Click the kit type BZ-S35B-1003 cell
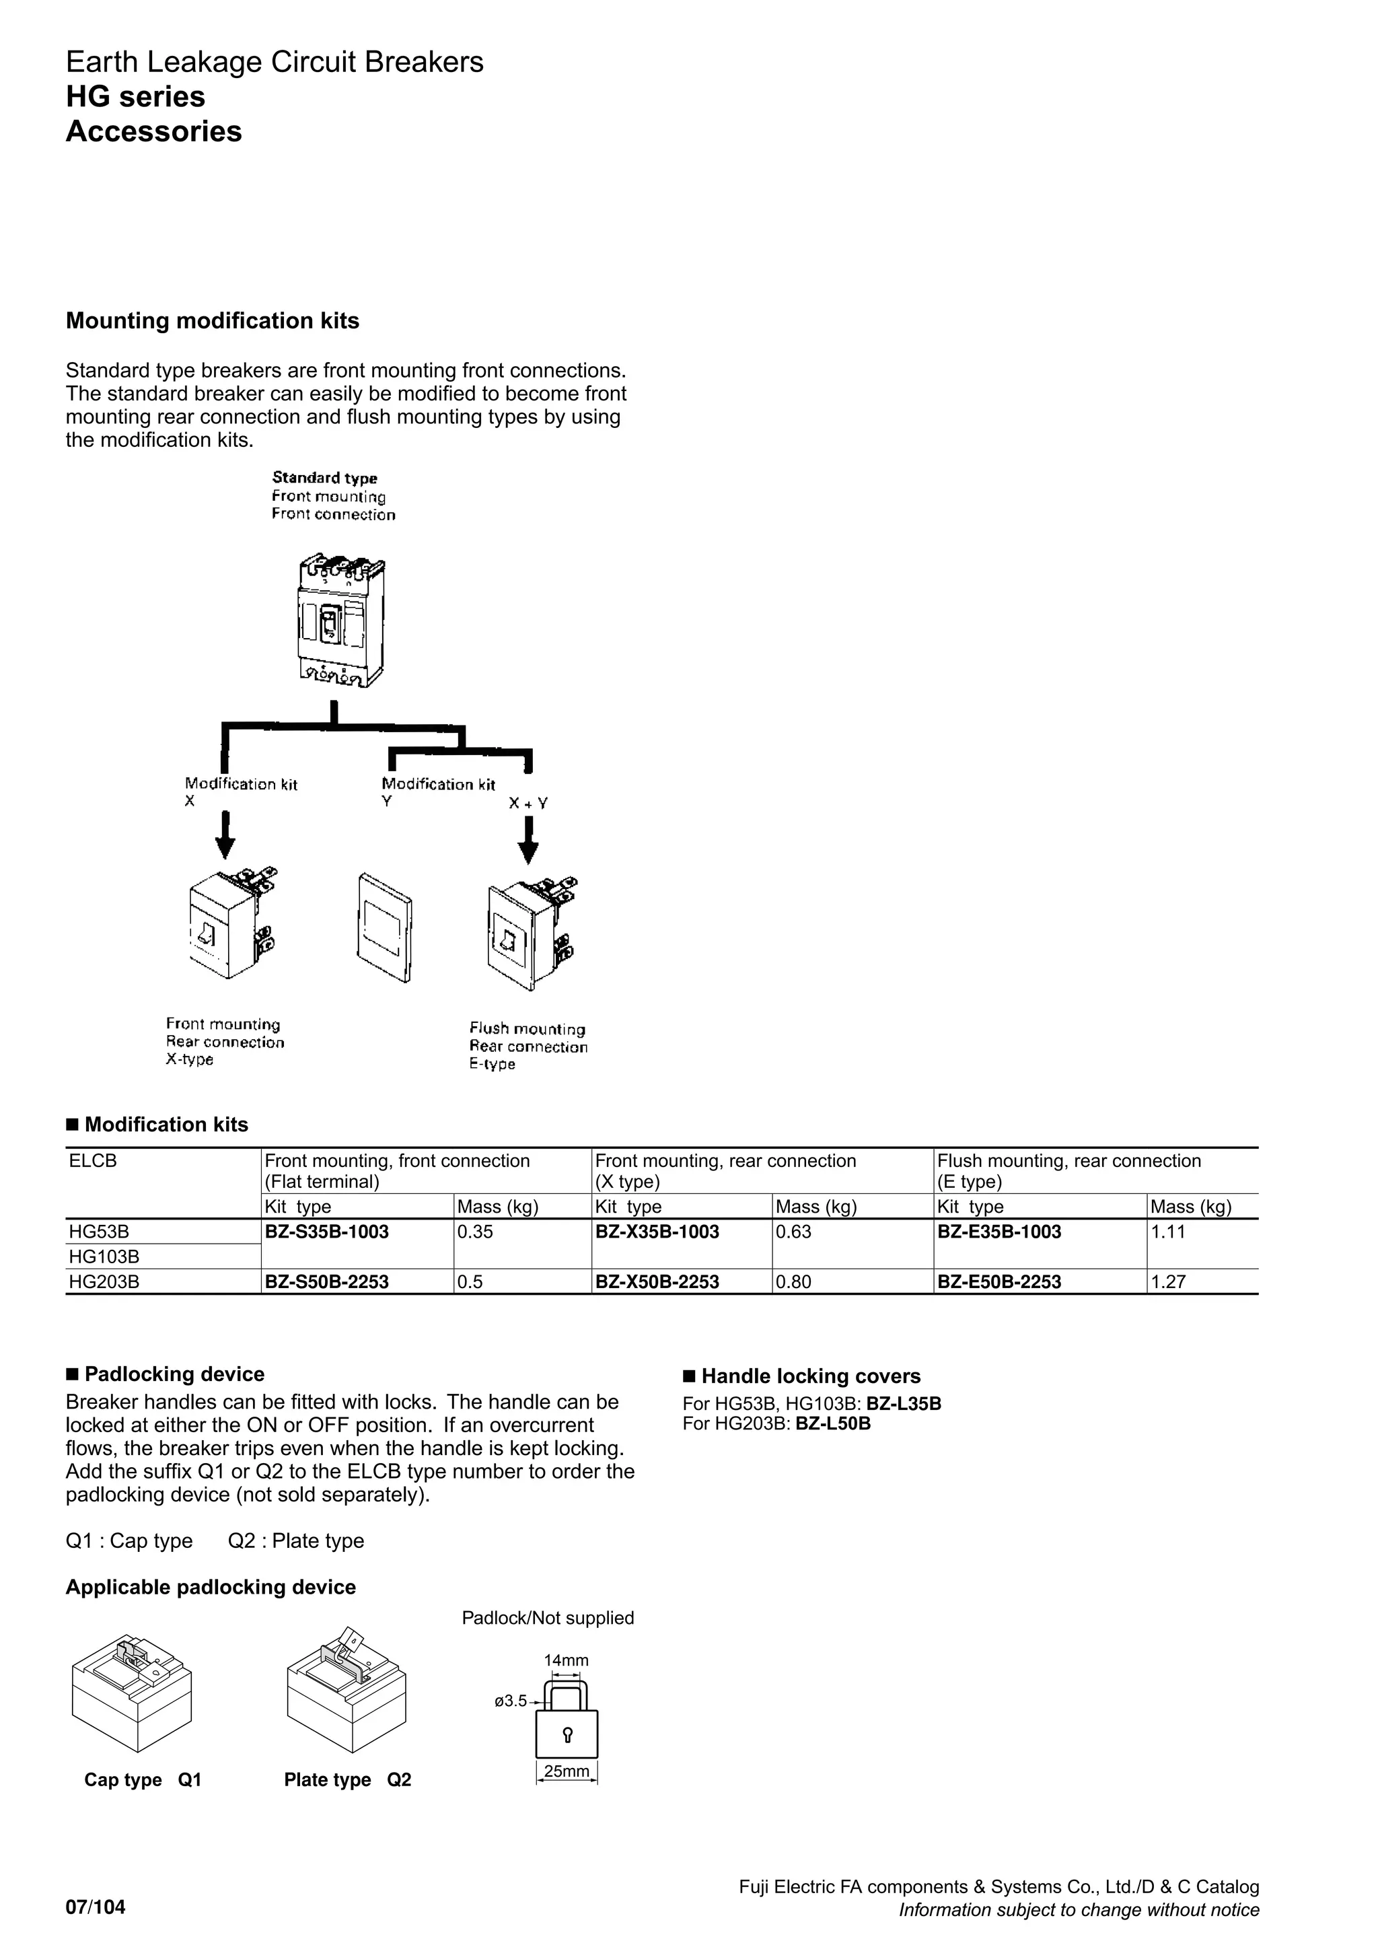327,1232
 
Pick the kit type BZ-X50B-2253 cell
657,1282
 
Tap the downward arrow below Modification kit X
225,836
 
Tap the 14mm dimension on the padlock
566,1660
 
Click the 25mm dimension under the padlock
566,1771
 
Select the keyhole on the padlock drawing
567,1734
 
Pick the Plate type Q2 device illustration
347,1693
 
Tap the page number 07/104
95,1907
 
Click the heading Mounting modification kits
212,321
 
